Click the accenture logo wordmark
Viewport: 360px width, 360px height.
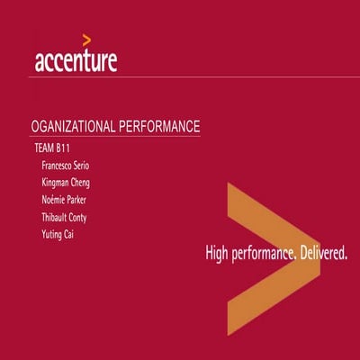pyautogui.click(x=76, y=61)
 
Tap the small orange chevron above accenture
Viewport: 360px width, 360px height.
pyautogui.click(x=85, y=39)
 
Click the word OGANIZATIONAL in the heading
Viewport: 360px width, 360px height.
pyautogui.click(x=79, y=126)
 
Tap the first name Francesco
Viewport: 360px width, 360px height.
pyautogui.click(x=61, y=166)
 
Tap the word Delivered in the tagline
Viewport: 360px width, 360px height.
pyautogui.click(x=323, y=254)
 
